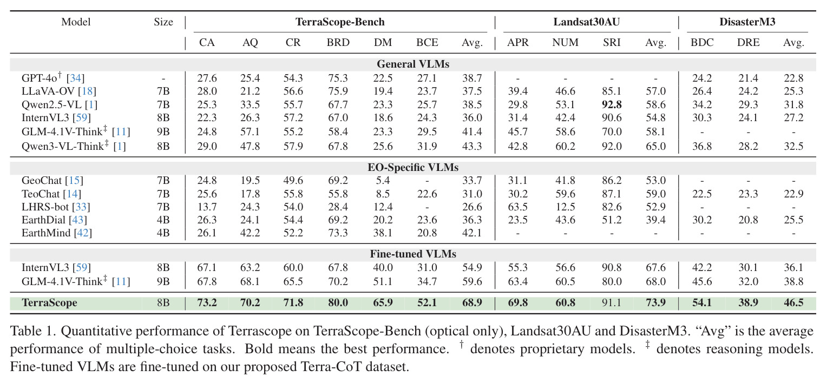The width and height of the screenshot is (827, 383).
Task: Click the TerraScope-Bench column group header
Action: point(340,22)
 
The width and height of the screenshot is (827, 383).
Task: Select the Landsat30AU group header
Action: point(586,22)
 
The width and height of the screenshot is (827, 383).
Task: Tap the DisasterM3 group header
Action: point(747,22)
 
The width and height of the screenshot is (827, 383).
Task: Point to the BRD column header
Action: point(338,42)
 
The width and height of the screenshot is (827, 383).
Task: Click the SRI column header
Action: point(612,42)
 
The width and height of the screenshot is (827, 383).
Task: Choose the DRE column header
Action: point(749,42)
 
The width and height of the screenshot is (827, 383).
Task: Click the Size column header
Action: point(163,22)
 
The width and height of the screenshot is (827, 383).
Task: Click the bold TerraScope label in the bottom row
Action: point(49,302)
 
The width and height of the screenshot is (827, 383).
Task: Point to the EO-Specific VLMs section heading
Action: point(413,168)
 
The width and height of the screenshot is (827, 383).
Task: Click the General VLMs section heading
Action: point(413,64)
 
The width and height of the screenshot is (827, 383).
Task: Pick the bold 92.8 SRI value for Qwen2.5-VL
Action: point(612,104)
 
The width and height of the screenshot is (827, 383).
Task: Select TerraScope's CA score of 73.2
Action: point(207,302)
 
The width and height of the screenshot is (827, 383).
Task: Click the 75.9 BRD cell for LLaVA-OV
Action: point(338,91)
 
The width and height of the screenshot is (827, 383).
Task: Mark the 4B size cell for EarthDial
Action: point(163,220)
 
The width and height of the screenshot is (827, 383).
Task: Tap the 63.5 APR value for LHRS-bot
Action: point(517,207)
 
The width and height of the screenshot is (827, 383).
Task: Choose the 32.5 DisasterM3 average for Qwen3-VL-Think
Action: point(793,146)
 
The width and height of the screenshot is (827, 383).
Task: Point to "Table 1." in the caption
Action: point(33,331)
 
